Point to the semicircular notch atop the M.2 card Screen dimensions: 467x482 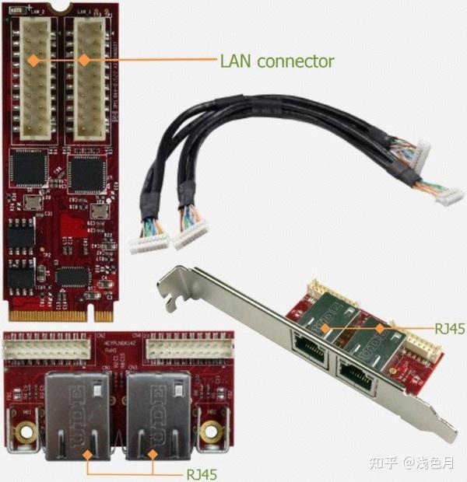click(x=63, y=9)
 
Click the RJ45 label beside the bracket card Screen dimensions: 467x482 click(x=451, y=329)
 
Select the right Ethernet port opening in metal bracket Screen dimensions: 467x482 click(x=355, y=376)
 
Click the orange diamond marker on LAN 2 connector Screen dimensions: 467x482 click(x=33, y=59)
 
